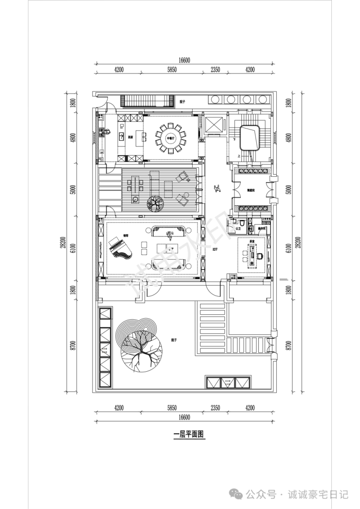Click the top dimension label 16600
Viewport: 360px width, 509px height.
pyautogui.click(x=183, y=60)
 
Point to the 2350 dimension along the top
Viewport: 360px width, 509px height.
pyautogui.click(x=215, y=70)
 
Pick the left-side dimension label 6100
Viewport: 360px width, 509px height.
pyautogui.click(x=73, y=249)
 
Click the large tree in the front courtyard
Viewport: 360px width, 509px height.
pyautogui.click(x=141, y=346)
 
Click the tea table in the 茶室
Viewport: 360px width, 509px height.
pyautogui.click(x=253, y=253)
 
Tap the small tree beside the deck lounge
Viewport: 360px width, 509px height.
pyautogui.click(x=155, y=203)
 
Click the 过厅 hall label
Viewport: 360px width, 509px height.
pyautogui.click(x=215, y=249)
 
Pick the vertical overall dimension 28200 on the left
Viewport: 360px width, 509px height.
pyautogui.click(x=63, y=242)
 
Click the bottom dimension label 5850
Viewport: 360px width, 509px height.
pyautogui.click(x=171, y=408)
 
